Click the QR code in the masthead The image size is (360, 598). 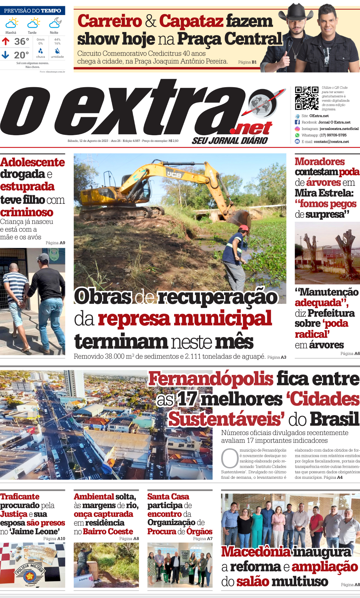306,98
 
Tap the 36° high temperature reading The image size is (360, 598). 22,41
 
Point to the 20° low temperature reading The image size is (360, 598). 21,55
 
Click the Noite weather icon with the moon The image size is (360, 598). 55,23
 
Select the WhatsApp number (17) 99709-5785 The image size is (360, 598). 333,135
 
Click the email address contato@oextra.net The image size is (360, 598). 331,142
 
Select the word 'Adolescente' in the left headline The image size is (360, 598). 32,162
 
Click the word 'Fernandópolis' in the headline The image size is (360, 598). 211,379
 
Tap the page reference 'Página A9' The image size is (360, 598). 55,243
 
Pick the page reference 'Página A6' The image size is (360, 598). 350,353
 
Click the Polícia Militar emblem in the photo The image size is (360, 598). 29,574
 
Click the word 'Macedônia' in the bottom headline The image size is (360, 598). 255,552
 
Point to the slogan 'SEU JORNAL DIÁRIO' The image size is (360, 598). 230,141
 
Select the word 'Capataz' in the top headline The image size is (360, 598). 191,21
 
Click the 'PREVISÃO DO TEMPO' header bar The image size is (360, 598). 33,11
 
